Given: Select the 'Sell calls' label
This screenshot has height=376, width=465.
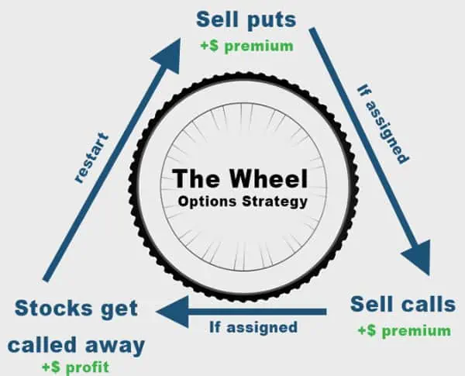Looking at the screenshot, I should pyautogui.click(x=402, y=303).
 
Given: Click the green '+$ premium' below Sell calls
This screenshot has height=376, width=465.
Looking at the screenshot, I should pyautogui.click(x=403, y=330).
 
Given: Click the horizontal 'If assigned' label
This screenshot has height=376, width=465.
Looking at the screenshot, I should pyautogui.click(x=253, y=326).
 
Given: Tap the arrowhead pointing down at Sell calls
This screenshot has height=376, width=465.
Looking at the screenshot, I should pyautogui.click(x=419, y=260).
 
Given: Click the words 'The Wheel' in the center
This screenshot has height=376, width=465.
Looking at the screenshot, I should pyautogui.click(x=239, y=178).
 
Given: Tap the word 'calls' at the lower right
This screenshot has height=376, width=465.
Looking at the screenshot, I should pyautogui.click(x=429, y=303).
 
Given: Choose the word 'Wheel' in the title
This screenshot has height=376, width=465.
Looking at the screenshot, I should pyautogui.click(x=267, y=178).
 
